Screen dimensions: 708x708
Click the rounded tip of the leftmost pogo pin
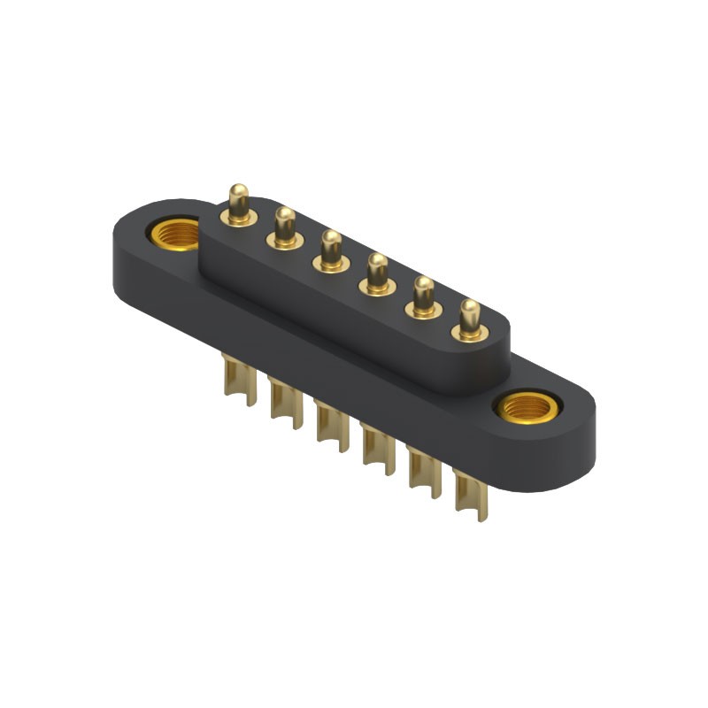coord(237,191)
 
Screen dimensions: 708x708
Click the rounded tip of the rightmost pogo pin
coord(470,310)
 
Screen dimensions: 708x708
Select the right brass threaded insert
coord(526,408)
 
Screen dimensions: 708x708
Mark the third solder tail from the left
coord(327,424)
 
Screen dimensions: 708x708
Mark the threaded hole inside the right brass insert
coord(526,410)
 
